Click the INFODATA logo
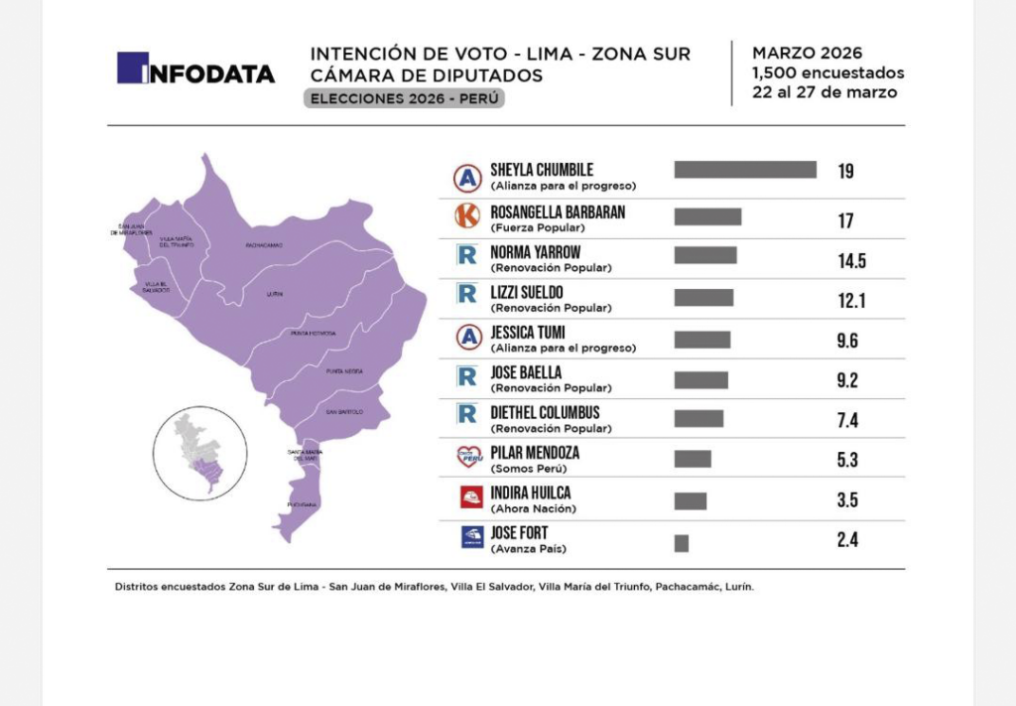point(195,69)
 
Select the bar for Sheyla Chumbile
point(745,170)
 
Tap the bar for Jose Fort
point(681,543)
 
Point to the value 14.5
point(851,261)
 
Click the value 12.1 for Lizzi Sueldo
point(850,301)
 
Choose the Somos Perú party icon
point(468,457)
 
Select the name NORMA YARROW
point(535,252)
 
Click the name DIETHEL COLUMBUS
point(545,412)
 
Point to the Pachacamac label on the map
point(264,244)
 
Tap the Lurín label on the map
point(275,295)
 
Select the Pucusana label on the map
point(302,504)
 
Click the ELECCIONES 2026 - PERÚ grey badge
point(404,99)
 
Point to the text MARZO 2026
point(807,54)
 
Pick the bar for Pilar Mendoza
point(693,458)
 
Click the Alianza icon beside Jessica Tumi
point(467,337)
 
